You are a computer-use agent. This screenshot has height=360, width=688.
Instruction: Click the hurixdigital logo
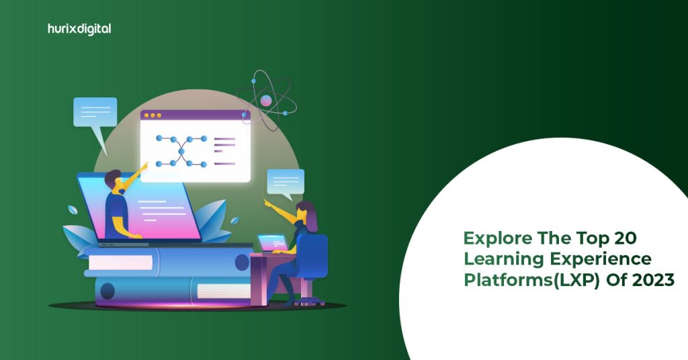coord(80,29)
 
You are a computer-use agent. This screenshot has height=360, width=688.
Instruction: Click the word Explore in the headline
coord(494,238)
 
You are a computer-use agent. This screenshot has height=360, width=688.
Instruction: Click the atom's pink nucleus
coord(266,101)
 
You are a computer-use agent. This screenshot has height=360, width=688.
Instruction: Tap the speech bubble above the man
coord(95,111)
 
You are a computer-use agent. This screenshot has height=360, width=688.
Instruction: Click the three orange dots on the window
coord(152,116)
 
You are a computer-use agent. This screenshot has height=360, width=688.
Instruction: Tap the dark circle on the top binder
coord(242,263)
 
